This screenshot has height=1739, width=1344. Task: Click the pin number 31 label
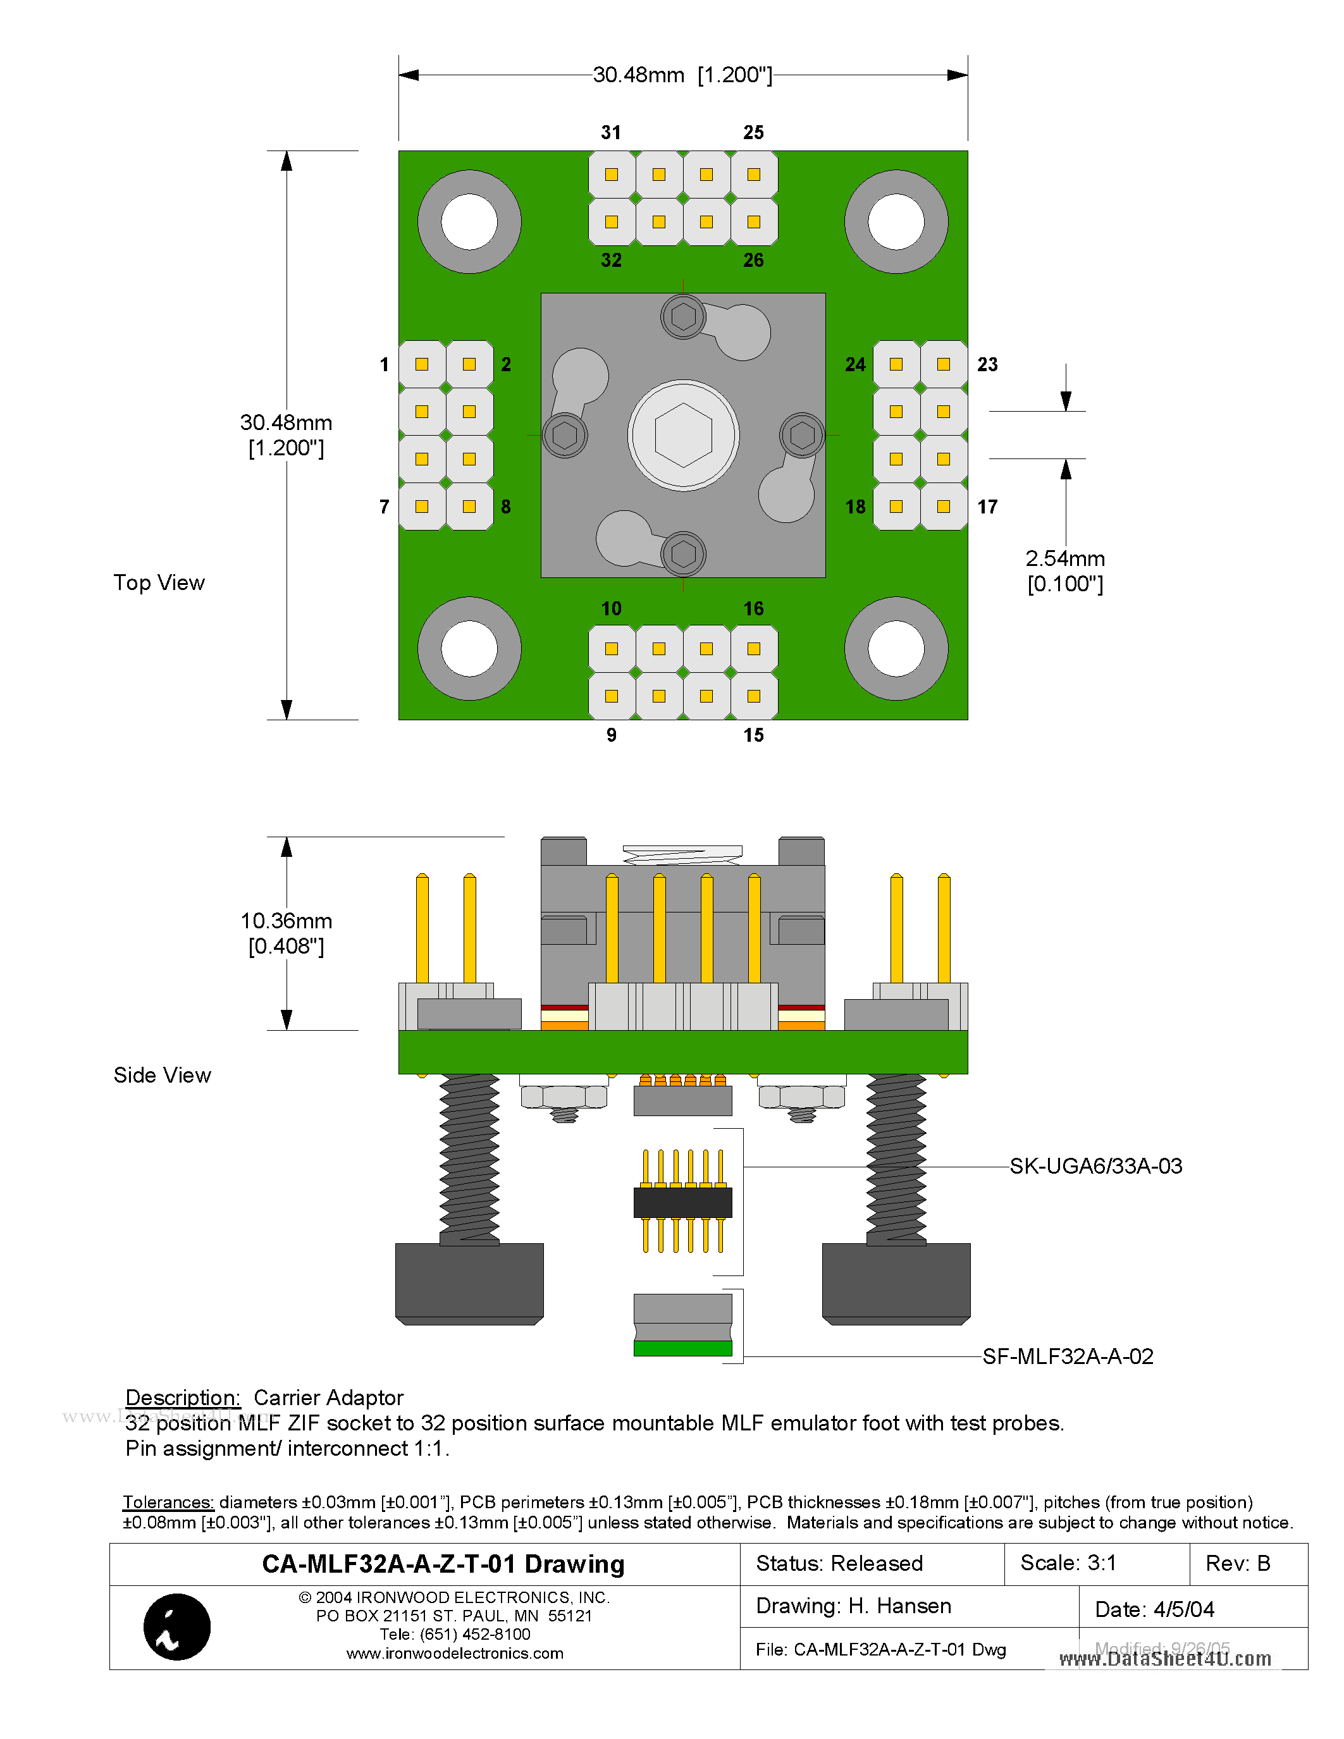[x=611, y=132]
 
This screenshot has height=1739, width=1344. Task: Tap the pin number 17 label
[x=987, y=507]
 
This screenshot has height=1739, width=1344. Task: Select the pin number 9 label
[x=611, y=735]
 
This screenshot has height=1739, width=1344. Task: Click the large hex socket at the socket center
[x=683, y=436]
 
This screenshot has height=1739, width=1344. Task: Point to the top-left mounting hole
[x=469, y=221]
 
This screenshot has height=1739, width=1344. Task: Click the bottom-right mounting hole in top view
[x=896, y=648]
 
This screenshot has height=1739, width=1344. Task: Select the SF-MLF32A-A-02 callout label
[x=1067, y=1356]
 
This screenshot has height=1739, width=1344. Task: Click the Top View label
[x=159, y=583]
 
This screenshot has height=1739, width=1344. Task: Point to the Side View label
[x=163, y=1075]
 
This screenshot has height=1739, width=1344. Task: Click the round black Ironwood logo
[x=176, y=1626]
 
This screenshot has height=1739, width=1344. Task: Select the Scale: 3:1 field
[x=1068, y=1563]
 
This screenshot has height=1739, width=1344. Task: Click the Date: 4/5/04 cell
[x=1154, y=1609]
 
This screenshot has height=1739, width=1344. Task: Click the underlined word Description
[x=182, y=1398]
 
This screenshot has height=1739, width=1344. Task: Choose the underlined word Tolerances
[x=168, y=1502]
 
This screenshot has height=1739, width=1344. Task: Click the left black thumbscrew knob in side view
[x=469, y=1282]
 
